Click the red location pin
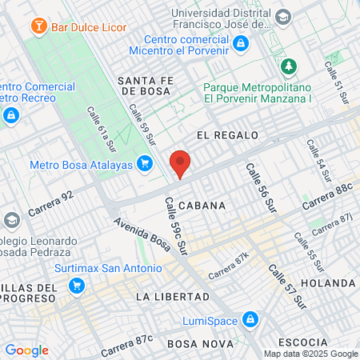(x=181, y=162)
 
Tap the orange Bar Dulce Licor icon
(x=37, y=26)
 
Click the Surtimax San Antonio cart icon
(x=77, y=285)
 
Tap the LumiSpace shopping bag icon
(x=250, y=320)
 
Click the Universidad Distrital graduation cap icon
(x=283, y=16)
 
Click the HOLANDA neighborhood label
(x=327, y=283)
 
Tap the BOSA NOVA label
(x=194, y=343)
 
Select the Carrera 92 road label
(x=50, y=206)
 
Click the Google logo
(x=26, y=350)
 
